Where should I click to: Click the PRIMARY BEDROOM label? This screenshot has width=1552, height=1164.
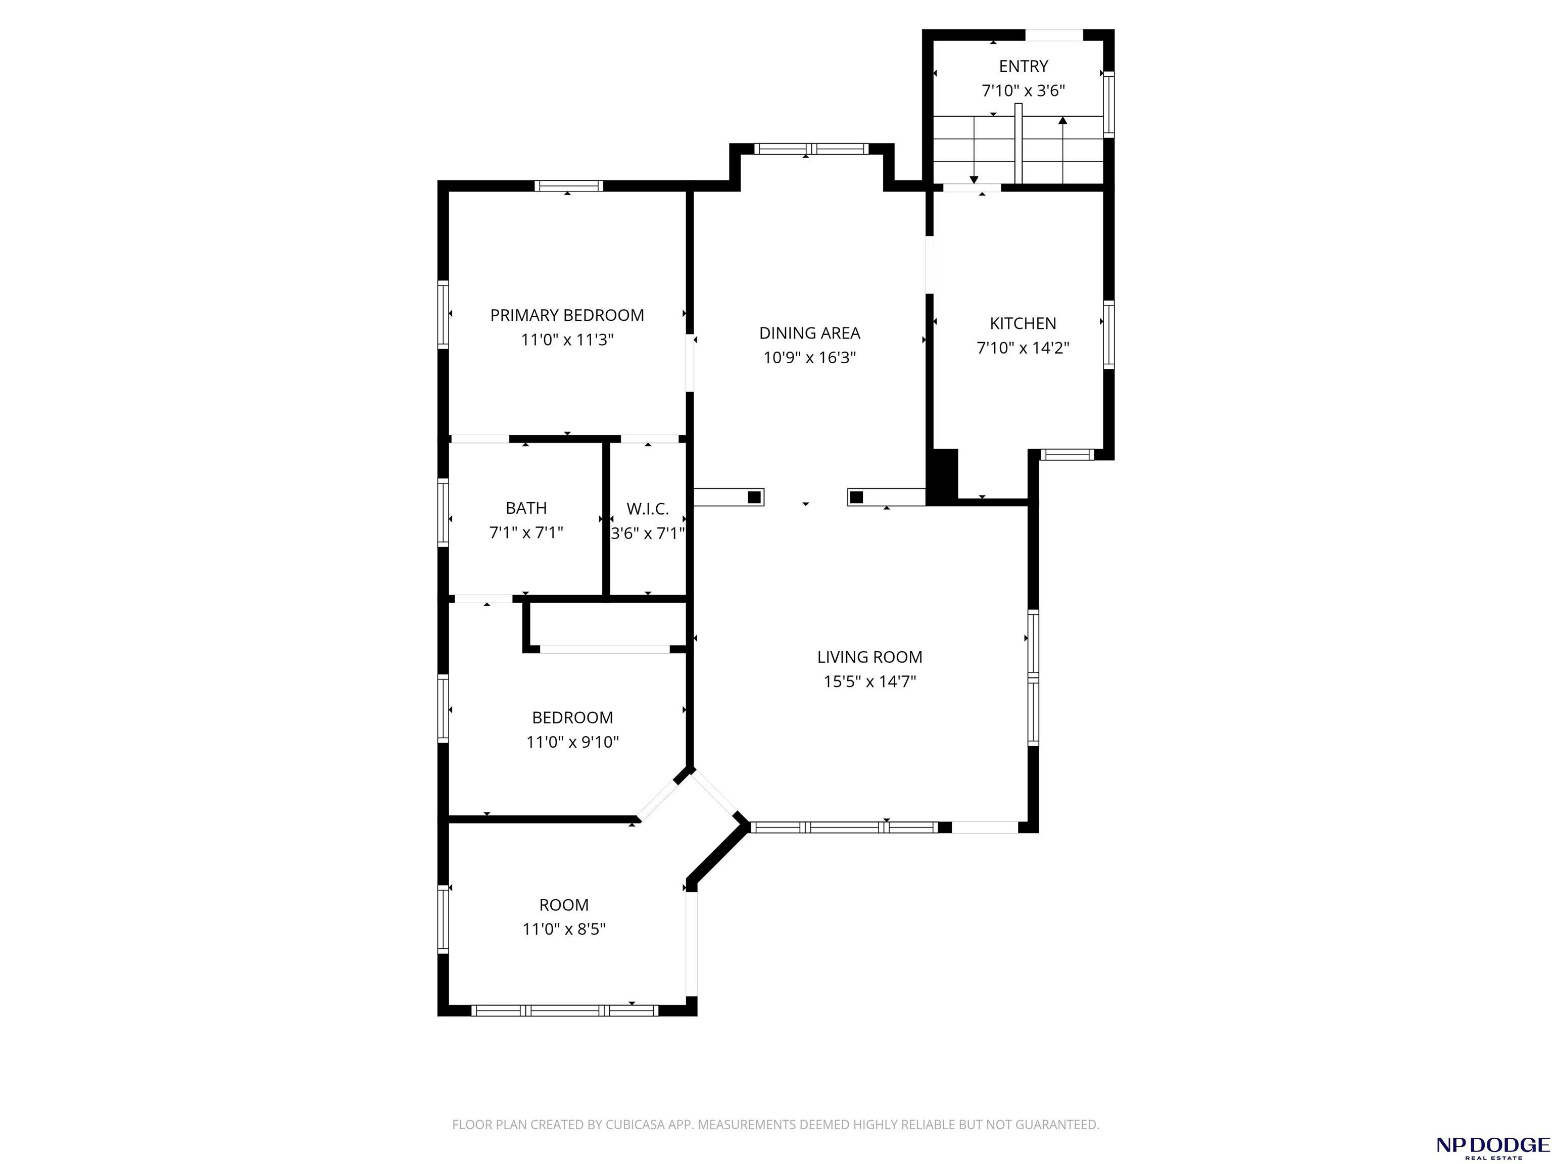(567, 316)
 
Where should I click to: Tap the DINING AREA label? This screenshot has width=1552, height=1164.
(810, 333)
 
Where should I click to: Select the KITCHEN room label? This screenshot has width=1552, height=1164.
(1023, 323)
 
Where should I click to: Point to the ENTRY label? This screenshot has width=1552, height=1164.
(1024, 66)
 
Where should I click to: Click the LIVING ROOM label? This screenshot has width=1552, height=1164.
(870, 657)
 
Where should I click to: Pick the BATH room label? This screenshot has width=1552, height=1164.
(526, 508)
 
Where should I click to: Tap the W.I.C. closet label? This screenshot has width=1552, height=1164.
(648, 509)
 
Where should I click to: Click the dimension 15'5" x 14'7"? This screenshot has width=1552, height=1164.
(870, 682)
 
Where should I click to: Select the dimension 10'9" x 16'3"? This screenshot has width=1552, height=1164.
(810, 358)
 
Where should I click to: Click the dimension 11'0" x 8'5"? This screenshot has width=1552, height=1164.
(564, 930)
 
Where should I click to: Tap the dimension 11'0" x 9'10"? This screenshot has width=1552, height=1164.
(572, 742)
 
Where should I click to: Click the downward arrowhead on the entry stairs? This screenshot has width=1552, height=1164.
(974, 180)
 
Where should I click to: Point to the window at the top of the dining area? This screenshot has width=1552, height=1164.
(811, 149)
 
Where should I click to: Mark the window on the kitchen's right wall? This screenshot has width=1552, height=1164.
(1108, 334)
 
